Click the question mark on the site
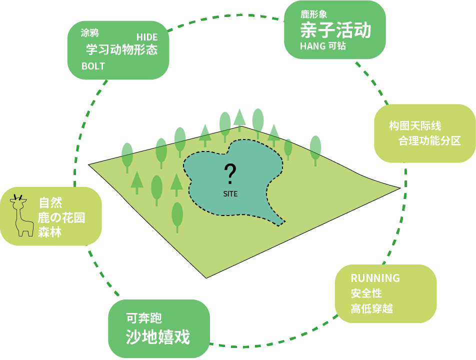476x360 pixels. pyautogui.click(x=230, y=174)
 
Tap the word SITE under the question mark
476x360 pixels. pyautogui.click(x=230, y=193)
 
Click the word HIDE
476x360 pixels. pyautogui.click(x=147, y=37)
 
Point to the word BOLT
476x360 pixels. pyautogui.click(x=93, y=66)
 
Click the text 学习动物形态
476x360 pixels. pyautogui.click(x=121, y=50)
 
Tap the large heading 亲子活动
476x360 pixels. pyautogui.click(x=335, y=30)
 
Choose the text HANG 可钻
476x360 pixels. pyautogui.click(x=323, y=46)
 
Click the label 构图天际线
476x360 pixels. pyautogui.click(x=415, y=126)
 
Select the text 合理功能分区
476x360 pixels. pyautogui.click(x=429, y=141)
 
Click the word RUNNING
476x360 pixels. pyautogui.click(x=375, y=278)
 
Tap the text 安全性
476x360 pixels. pyautogui.click(x=366, y=293)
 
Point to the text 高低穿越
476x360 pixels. pyautogui.click(x=371, y=308)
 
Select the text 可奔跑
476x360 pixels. pyautogui.click(x=144, y=318)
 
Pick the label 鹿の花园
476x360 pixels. pyautogui.click(x=61, y=218)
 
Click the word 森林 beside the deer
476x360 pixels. pyautogui.click(x=49, y=232)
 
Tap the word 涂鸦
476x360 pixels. pyautogui.click(x=90, y=33)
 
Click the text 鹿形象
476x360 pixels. pyautogui.click(x=314, y=14)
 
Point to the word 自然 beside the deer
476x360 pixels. pyautogui.click(x=50, y=203)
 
